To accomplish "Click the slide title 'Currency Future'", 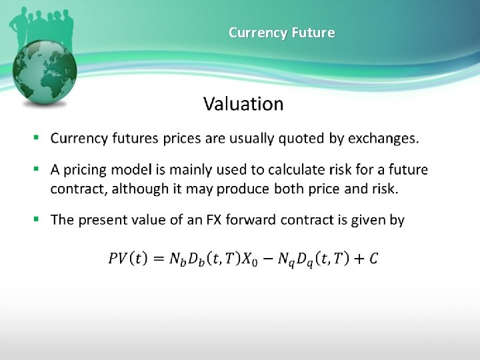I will tap(281, 32).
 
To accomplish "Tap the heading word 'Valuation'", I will tap(243, 104).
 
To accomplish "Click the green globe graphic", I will tap(45, 73).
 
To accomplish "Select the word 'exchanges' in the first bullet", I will tap(383, 139).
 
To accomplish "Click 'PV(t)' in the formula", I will tap(129, 257).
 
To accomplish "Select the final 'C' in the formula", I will tap(373, 257).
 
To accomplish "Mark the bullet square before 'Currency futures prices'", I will tap(37, 139).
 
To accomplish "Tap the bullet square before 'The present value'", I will tap(37, 219).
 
